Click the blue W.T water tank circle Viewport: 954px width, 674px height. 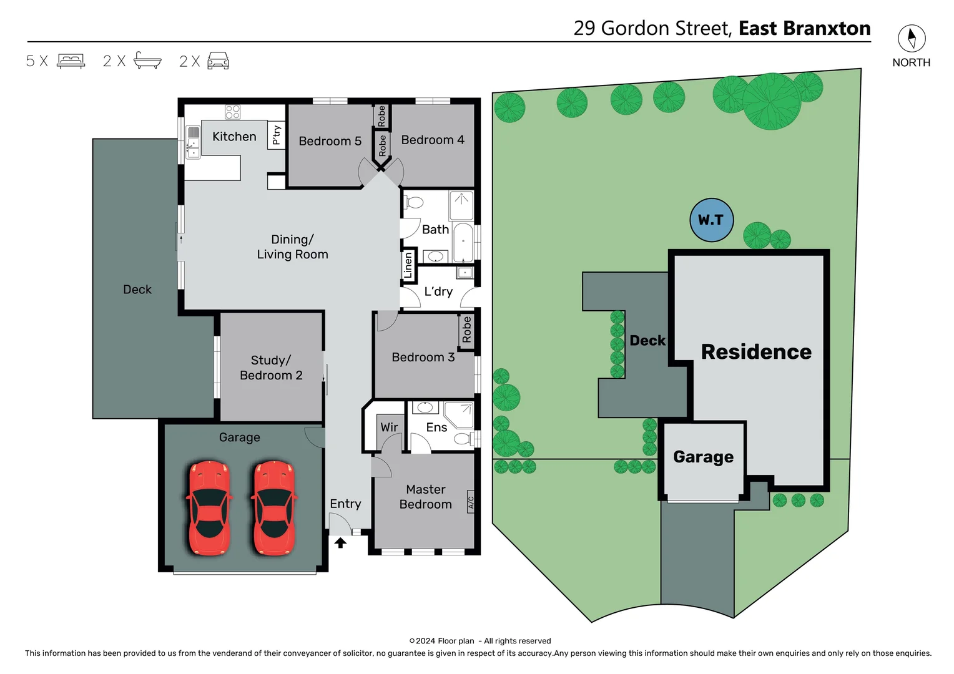point(711,220)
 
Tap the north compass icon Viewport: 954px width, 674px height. point(912,39)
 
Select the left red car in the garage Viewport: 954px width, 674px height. point(209,508)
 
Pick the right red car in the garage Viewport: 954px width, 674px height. point(273,508)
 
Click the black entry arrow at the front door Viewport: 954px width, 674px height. point(340,543)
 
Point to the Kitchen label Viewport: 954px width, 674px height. point(234,137)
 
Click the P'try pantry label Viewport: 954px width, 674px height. point(277,135)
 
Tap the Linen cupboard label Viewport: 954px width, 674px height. point(408,265)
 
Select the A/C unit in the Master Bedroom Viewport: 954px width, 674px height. point(471,501)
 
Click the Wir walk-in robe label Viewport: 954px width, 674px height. point(389,427)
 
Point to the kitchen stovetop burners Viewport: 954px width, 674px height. point(233,112)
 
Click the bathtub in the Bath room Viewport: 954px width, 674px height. point(463,243)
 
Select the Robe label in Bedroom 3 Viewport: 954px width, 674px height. point(466,330)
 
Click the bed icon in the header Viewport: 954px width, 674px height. point(71,61)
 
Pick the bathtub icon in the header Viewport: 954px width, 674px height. point(147,61)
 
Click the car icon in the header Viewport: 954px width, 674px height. point(218,61)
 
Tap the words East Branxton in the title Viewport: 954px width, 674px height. point(804,28)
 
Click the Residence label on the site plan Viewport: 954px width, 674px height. point(756,352)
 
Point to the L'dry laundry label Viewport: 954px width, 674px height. point(438,291)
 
